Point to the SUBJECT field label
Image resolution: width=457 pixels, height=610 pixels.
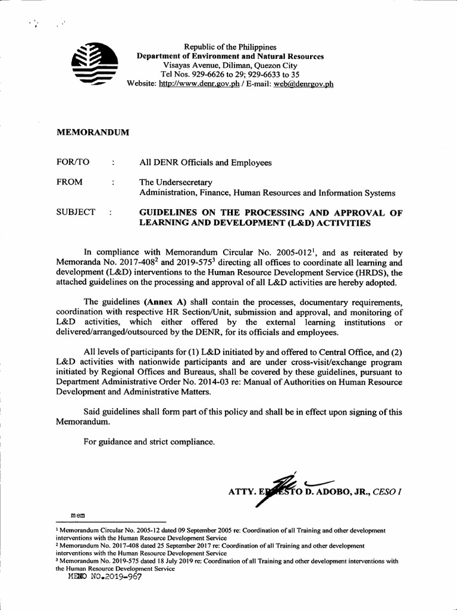76,212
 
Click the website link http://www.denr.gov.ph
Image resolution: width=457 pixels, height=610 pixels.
199,84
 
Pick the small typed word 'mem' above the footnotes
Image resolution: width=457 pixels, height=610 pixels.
78,513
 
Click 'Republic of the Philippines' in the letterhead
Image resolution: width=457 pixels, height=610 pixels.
230,46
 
